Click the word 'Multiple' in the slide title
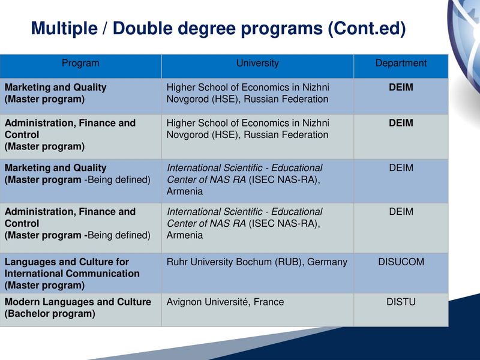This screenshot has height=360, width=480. [x=64, y=28]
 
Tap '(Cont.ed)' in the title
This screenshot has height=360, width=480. [x=367, y=28]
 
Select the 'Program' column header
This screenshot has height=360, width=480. [x=80, y=63]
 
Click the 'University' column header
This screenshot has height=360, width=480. [x=257, y=63]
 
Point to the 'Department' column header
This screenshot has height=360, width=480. [x=401, y=63]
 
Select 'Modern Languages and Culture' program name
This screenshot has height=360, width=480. [x=78, y=302]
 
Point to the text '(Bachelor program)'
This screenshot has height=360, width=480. [x=50, y=313]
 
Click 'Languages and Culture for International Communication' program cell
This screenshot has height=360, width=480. [x=72, y=268]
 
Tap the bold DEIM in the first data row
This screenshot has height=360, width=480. [x=401, y=87]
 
